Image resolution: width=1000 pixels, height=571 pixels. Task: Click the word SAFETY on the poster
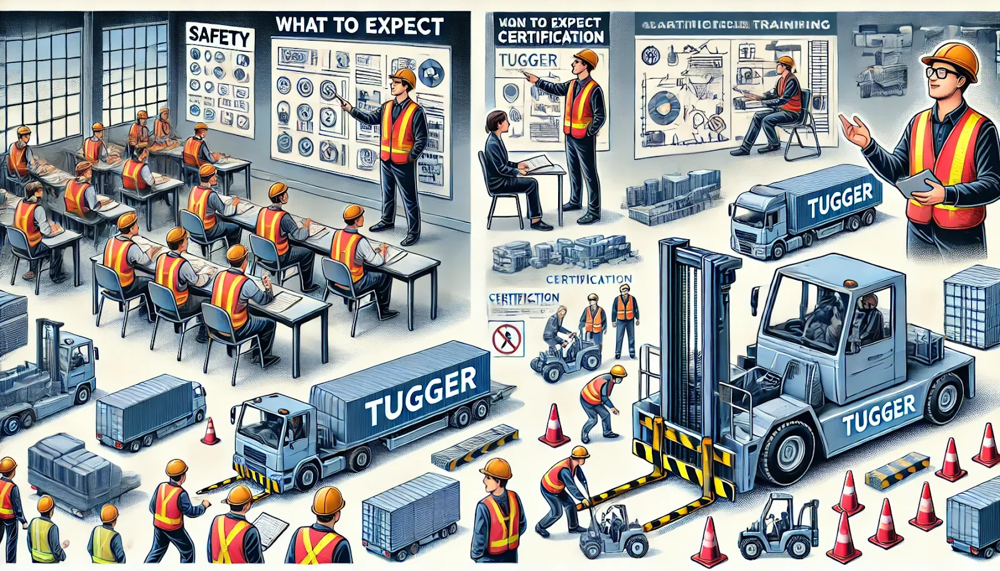[219, 37]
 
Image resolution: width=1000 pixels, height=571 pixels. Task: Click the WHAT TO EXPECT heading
[359, 26]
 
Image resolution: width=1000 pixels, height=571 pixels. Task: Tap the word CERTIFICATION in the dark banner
[551, 37]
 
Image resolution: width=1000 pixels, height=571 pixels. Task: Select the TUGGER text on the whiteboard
[528, 60]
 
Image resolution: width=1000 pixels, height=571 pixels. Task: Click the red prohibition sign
[507, 339]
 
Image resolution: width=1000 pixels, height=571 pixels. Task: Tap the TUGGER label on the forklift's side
[878, 415]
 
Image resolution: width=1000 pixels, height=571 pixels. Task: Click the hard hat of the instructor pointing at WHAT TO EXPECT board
[403, 77]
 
